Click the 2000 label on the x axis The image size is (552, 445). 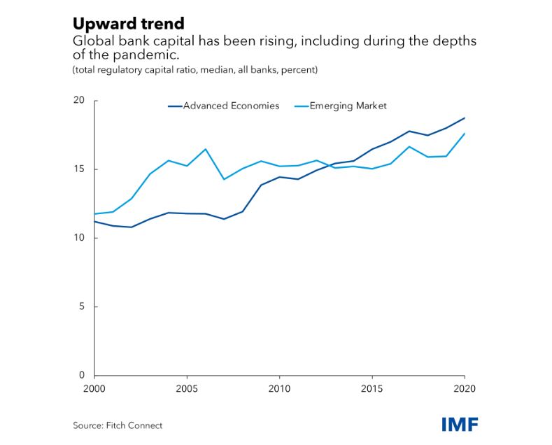[x=94, y=388]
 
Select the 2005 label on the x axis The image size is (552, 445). [x=186, y=388]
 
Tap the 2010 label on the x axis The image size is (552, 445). [x=279, y=388]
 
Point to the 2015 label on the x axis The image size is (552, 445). [x=371, y=388]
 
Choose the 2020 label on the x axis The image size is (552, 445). [x=463, y=388]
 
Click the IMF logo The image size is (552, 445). [x=460, y=424]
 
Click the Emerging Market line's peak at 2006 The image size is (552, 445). [x=205, y=149]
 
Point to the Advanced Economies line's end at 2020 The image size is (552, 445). [x=465, y=118]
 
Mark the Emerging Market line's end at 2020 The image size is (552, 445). [x=465, y=134]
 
